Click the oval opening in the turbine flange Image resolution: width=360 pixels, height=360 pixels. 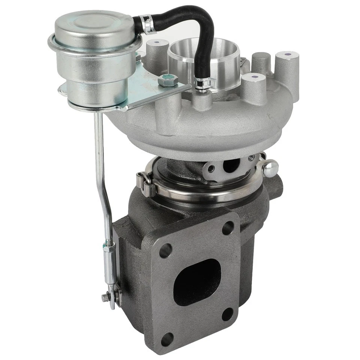[197, 281]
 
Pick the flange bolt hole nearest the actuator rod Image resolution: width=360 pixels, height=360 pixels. [166, 251]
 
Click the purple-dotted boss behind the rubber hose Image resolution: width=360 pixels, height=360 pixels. [155, 43]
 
